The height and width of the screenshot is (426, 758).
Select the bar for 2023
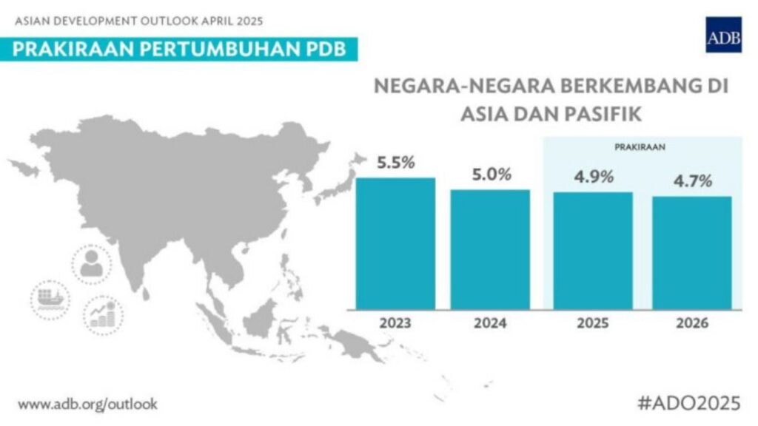coord(395,243)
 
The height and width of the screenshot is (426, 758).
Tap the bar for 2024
coord(490,249)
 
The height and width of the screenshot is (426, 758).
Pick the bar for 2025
coord(593,251)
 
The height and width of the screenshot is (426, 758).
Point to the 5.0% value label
coord(492,175)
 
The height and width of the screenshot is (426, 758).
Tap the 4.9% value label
coord(593,177)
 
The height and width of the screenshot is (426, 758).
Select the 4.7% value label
coord(691,182)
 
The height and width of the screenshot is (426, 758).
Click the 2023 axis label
coord(395,324)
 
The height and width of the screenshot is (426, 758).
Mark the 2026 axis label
coord(691,324)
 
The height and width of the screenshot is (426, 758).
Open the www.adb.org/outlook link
coord(87,405)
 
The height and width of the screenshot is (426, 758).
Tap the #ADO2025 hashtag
coord(688,403)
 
